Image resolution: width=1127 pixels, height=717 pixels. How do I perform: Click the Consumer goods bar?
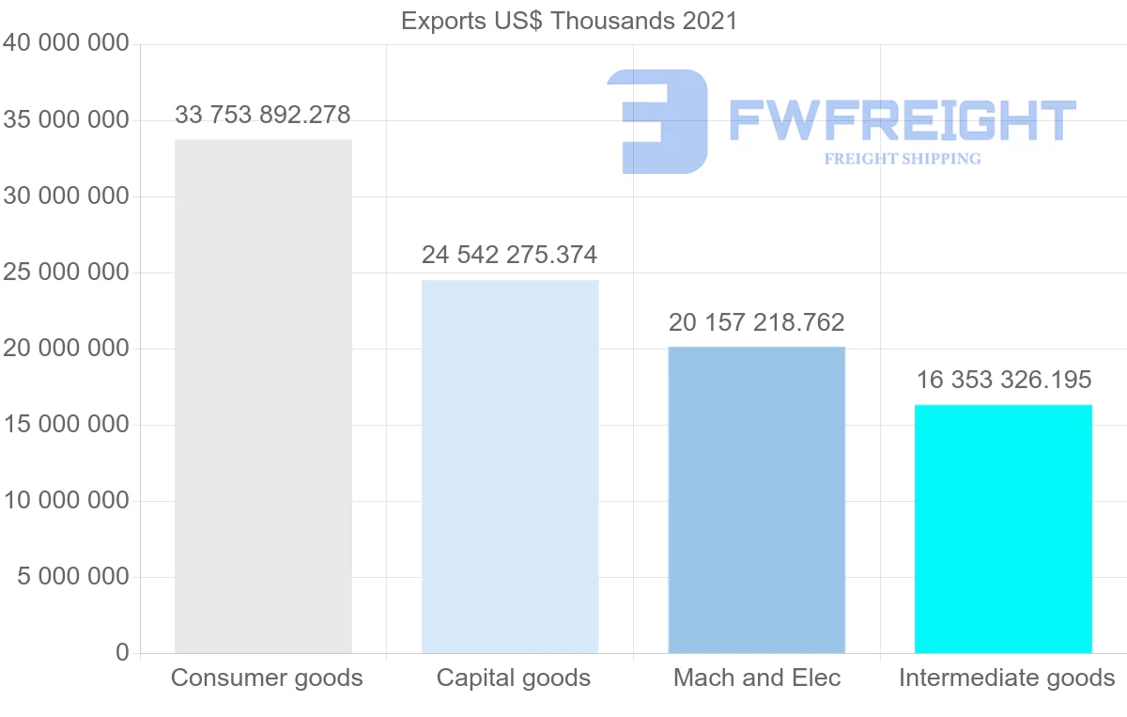pyautogui.click(x=263, y=396)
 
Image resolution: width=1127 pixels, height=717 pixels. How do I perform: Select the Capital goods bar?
pyautogui.click(x=510, y=466)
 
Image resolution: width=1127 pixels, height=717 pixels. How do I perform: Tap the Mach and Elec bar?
pyautogui.click(x=757, y=499)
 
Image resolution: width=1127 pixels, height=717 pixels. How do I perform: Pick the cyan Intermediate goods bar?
pyautogui.click(x=1003, y=528)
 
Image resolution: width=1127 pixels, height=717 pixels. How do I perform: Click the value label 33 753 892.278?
pyautogui.click(x=263, y=116)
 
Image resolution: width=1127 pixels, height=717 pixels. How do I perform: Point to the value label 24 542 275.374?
pyautogui.click(x=510, y=255)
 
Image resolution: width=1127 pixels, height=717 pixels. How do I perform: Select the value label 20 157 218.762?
pyautogui.click(x=757, y=323)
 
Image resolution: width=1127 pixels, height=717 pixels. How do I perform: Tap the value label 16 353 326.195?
pyautogui.click(x=1004, y=380)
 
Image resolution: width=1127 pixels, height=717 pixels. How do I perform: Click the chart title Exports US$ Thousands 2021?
pyautogui.click(x=569, y=21)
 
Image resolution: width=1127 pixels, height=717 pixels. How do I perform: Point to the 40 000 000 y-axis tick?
pyautogui.click(x=66, y=44)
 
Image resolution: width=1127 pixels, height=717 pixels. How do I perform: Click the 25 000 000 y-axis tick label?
pyautogui.click(x=66, y=273)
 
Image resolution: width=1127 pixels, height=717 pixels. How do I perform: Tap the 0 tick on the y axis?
pyautogui.click(x=123, y=652)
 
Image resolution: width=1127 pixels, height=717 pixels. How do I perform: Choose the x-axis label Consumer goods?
pyautogui.click(x=267, y=678)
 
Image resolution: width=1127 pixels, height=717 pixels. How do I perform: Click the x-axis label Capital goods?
pyautogui.click(x=514, y=678)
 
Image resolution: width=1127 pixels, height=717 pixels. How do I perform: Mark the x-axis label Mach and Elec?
pyautogui.click(x=757, y=678)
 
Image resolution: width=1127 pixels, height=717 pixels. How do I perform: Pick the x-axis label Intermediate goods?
pyautogui.click(x=1007, y=678)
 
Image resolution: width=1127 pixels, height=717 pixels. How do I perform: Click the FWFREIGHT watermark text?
pyautogui.click(x=902, y=121)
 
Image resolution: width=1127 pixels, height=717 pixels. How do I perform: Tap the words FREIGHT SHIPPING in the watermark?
pyautogui.click(x=903, y=159)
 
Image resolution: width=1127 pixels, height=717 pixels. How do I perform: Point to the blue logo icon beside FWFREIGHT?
pyautogui.click(x=657, y=121)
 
